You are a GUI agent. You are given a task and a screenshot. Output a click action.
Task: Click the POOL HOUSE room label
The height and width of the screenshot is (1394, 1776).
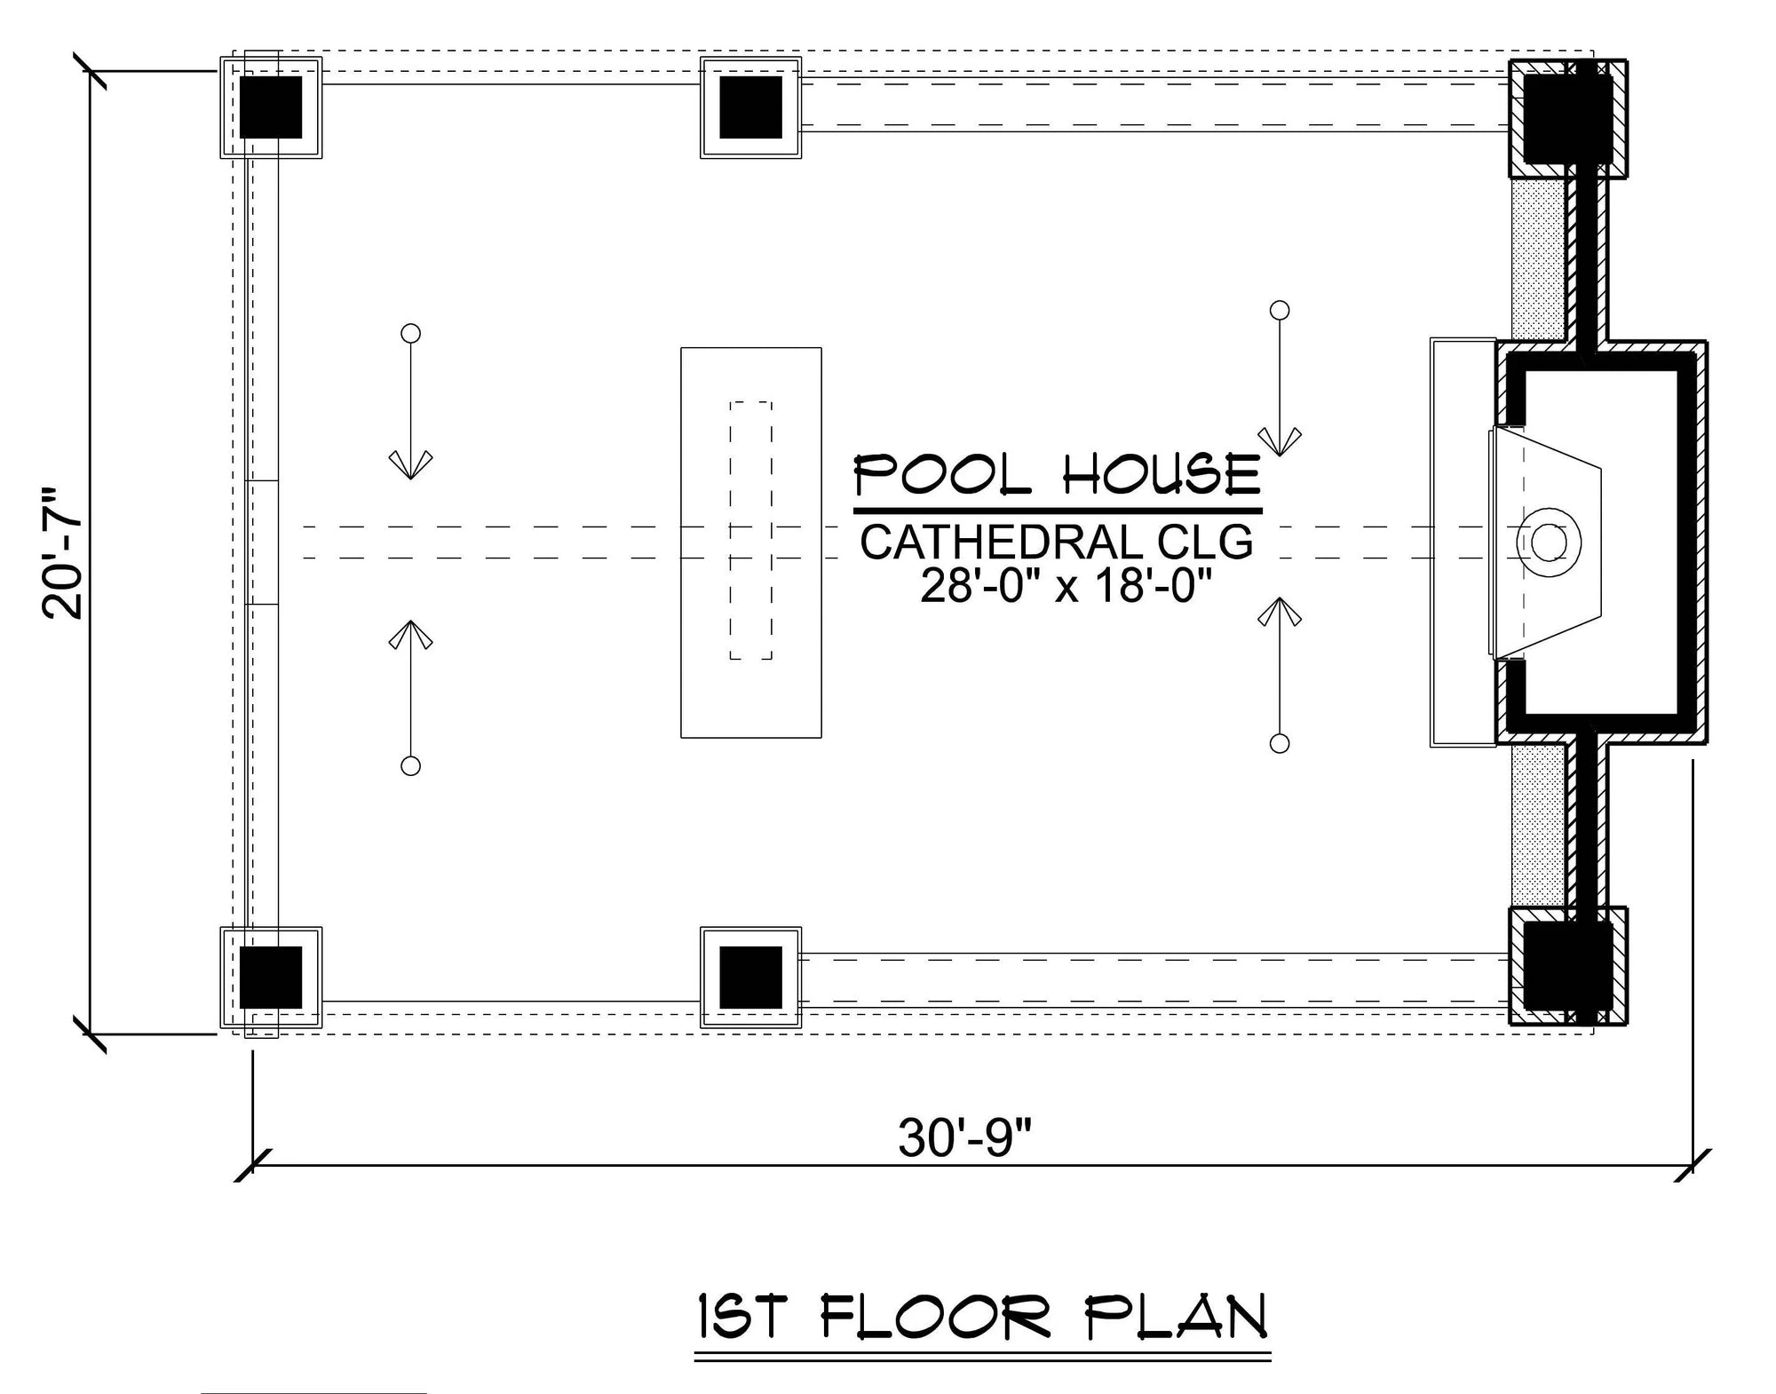1057,475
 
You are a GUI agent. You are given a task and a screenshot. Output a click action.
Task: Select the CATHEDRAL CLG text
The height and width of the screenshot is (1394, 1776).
1057,543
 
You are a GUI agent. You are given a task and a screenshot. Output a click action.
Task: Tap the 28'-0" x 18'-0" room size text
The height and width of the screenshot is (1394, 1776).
1066,586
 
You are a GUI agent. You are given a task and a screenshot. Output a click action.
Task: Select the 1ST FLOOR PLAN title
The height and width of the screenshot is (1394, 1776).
981,1318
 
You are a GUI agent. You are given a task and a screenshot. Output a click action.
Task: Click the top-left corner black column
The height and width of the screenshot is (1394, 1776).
271,107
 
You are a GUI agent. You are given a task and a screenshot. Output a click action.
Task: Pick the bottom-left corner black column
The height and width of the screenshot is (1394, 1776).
271,977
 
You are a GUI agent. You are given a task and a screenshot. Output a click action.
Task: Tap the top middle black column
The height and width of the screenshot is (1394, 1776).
750,107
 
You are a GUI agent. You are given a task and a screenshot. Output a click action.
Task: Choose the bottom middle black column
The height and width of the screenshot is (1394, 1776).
750,977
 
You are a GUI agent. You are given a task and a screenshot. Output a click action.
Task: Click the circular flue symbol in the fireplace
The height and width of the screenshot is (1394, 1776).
1549,543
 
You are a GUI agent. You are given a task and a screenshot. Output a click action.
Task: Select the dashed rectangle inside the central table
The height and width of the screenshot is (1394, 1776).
751,530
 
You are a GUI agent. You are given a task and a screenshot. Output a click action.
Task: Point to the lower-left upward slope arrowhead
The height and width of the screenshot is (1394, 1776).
410,634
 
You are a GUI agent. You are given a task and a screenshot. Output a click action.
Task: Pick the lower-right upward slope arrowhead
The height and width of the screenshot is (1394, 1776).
1280,612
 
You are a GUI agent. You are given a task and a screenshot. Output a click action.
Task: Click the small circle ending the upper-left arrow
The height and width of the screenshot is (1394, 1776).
410,333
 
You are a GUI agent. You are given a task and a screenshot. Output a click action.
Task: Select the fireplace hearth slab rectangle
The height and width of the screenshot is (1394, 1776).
1461,542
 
